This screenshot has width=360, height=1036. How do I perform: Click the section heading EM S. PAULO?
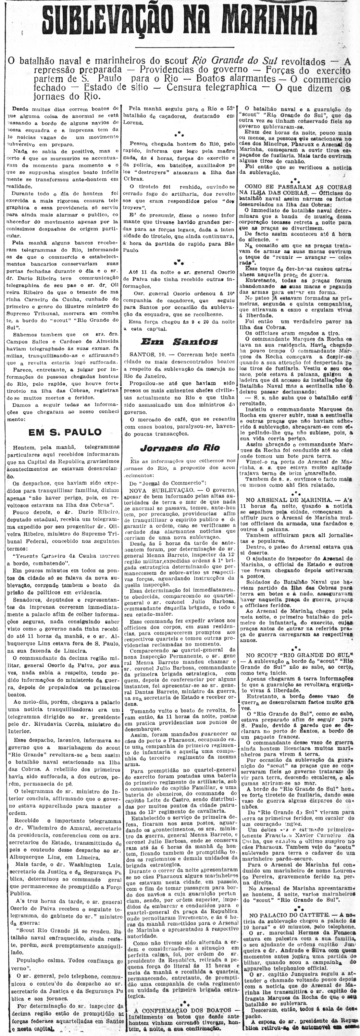(65, 432)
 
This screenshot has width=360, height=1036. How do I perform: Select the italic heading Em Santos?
(180, 342)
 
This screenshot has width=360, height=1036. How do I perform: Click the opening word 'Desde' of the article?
(20, 109)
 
